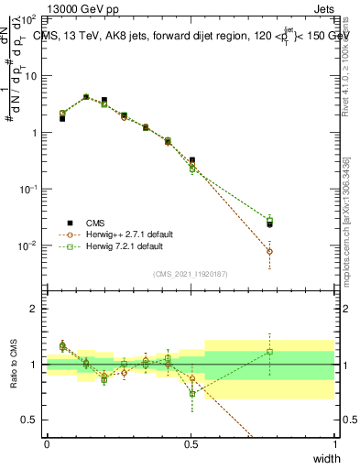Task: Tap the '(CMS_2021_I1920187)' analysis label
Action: [191, 274]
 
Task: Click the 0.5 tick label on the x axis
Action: [191, 443]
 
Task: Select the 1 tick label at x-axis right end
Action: [334, 443]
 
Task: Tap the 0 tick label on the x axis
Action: [47, 443]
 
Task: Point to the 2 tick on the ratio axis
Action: [35, 309]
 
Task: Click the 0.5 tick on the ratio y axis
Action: [31, 420]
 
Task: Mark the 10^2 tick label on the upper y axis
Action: [29, 19]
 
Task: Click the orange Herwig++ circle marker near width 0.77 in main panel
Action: [269, 251]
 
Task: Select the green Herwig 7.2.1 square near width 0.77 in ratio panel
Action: [269, 352]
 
